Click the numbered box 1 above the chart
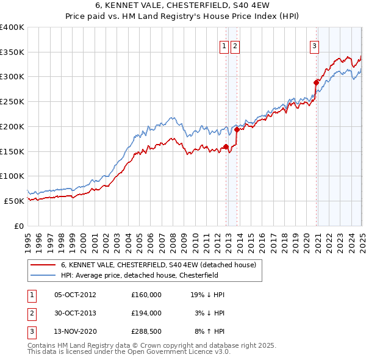[x=224, y=45]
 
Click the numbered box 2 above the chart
[x=235, y=45]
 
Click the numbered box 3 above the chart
[x=314, y=45]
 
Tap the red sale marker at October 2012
[x=226, y=146]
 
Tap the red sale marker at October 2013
[x=237, y=129]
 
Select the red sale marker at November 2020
[x=316, y=82]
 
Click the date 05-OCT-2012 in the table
[x=75, y=295]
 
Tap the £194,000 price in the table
[x=146, y=313]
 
